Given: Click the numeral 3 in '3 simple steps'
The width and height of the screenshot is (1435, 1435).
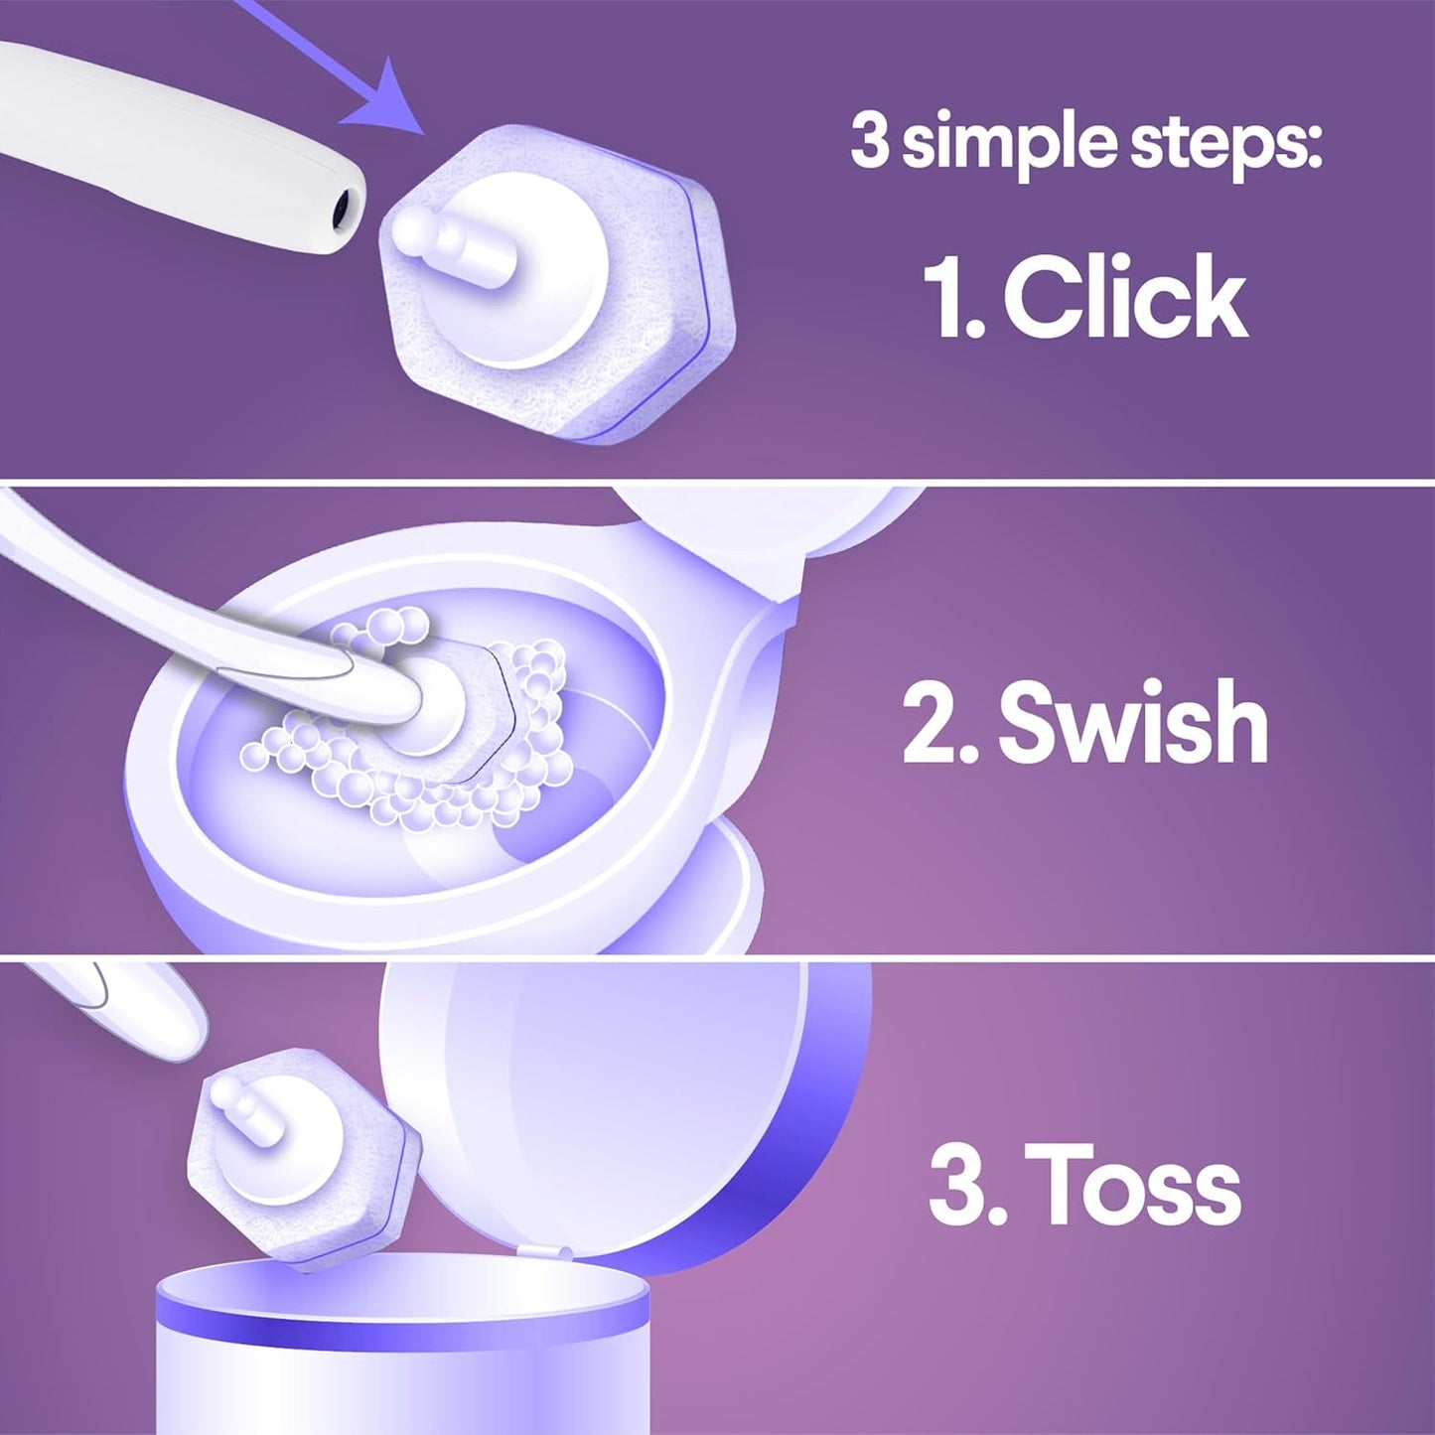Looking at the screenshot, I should click(x=869, y=142).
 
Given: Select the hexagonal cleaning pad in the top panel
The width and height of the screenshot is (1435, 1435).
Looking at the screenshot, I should click(x=556, y=288).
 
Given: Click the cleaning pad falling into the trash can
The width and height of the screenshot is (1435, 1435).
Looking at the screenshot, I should click(x=303, y=1157).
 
